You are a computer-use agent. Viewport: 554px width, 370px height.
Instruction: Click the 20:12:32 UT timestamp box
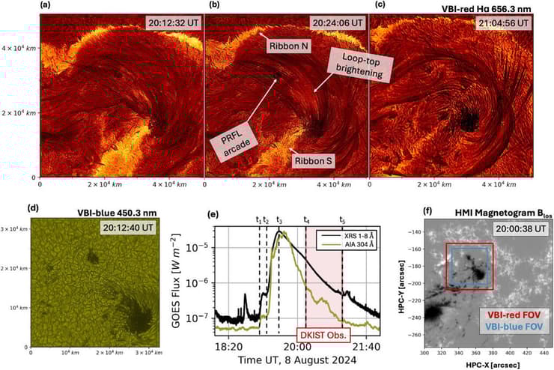[x=171, y=22]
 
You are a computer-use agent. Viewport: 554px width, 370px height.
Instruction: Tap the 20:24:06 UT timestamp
[x=337, y=22]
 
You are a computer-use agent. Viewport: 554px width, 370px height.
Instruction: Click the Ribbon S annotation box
[x=311, y=161]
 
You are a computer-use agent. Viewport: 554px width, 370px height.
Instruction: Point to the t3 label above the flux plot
[x=279, y=220]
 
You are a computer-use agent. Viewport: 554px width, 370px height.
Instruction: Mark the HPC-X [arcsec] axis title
[x=488, y=364]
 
